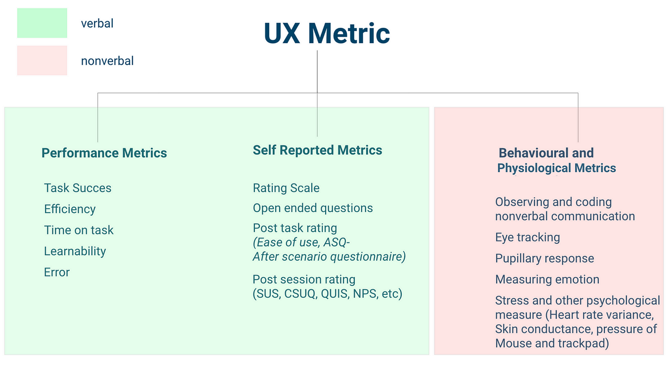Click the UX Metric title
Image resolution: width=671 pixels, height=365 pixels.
tap(327, 33)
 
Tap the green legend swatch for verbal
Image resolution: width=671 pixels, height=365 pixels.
tap(42, 23)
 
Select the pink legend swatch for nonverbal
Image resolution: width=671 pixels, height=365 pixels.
tap(42, 60)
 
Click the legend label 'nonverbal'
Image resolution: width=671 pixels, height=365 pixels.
tap(107, 61)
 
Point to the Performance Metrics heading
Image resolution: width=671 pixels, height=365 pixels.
tap(104, 153)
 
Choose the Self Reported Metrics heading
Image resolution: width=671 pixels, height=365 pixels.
tap(318, 150)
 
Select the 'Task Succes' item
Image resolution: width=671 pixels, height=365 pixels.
tap(78, 188)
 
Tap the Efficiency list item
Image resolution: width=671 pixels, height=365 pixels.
tap(70, 209)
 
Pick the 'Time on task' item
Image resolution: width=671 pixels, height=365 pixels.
tap(79, 230)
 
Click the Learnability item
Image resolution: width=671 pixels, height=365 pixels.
tap(75, 251)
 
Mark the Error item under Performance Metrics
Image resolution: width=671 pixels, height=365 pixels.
tap(57, 273)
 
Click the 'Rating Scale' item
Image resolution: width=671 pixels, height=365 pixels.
tap(286, 188)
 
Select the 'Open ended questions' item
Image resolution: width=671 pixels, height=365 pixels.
tap(313, 208)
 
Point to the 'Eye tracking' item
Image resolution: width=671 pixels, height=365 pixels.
tap(528, 237)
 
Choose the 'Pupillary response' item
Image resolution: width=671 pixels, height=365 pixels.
tap(545, 258)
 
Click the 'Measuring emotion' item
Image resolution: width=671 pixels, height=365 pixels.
tap(547, 279)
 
